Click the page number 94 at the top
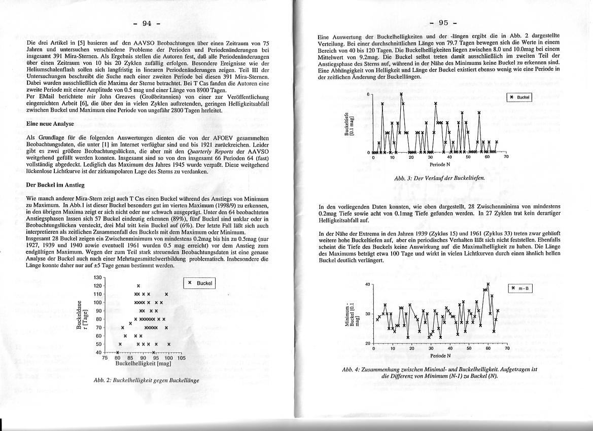point(147,23)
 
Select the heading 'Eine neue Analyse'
point(50,124)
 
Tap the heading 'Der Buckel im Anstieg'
point(55,185)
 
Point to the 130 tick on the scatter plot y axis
point(98,277)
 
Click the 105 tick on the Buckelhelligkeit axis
point(182,357)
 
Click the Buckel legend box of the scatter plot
point(199,283)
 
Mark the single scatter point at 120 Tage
point(138,286)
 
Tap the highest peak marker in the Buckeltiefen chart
point(401,94)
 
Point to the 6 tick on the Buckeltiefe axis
point(368,95)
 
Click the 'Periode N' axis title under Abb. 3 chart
point(439,164)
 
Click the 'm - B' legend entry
point(520,288)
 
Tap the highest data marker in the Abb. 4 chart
point(488,284)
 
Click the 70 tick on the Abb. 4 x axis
point(506,348)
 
